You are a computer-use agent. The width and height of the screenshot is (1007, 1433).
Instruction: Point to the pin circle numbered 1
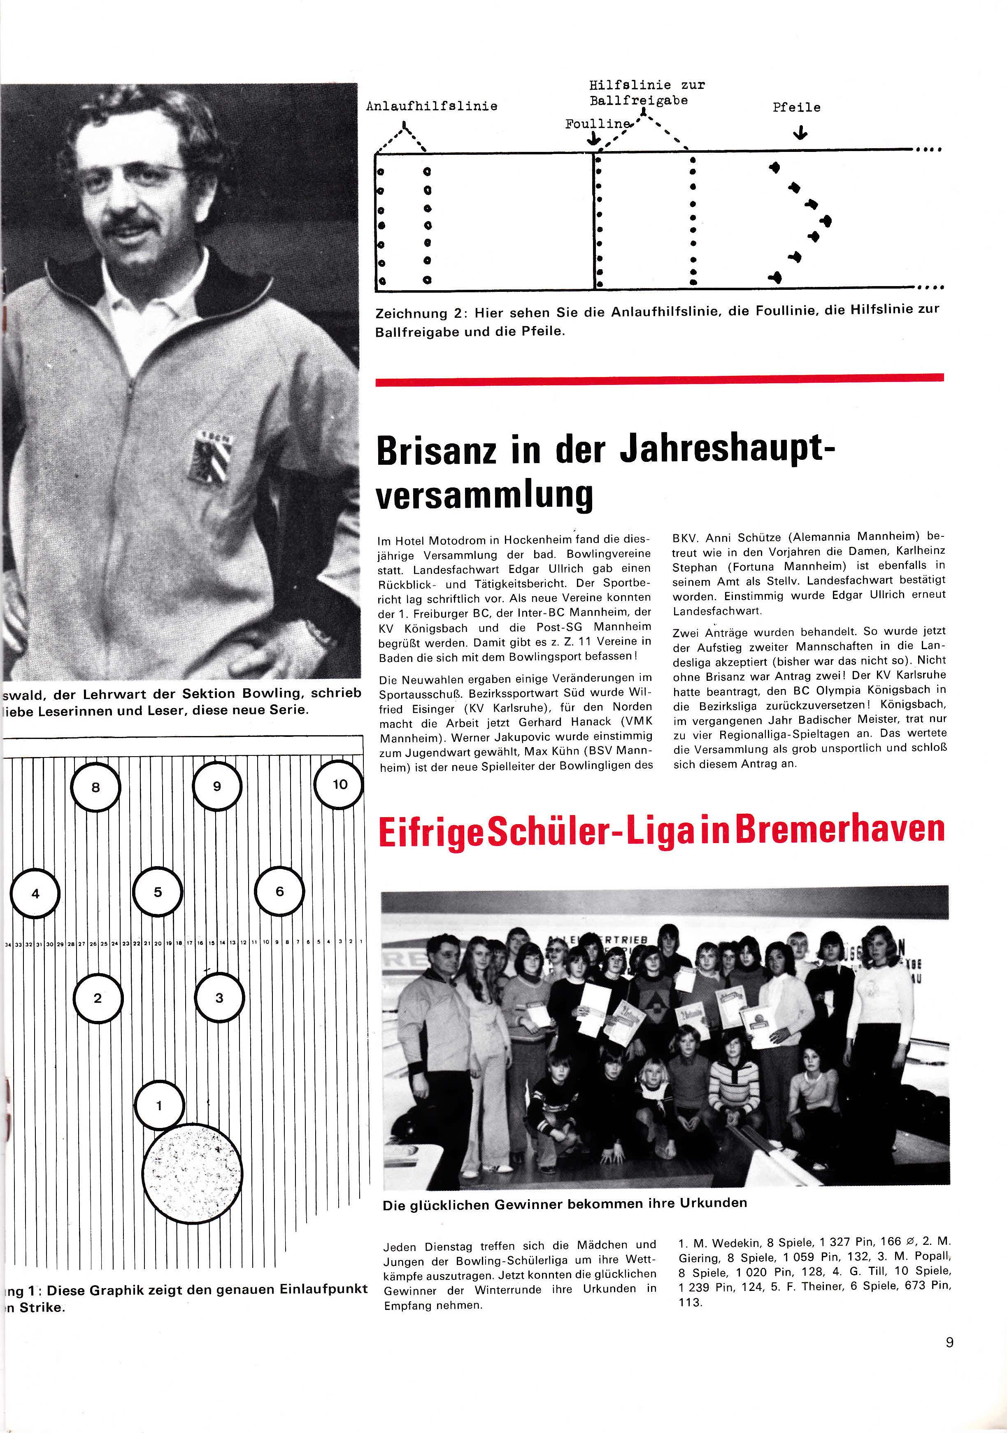click(x=159, y=1105)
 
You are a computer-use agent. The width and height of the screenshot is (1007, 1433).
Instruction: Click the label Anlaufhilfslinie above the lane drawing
click(x=432, y=107)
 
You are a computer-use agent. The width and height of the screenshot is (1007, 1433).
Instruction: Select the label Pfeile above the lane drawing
click(x=796, y=107)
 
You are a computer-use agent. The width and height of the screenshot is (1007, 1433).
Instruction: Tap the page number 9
click(x=949, y=1342)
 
